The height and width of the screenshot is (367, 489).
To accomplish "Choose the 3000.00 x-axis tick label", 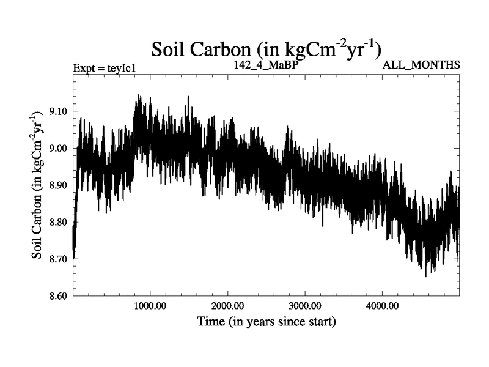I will [x=304, y=305].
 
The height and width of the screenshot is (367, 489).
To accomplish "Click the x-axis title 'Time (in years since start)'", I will [x=266, y=321].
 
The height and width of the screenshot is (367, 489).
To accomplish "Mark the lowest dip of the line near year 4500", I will [x=425, y=275].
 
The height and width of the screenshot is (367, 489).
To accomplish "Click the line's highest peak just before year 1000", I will [x=139, y=96].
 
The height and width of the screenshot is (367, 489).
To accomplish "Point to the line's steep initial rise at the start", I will [x=76, y=202].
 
